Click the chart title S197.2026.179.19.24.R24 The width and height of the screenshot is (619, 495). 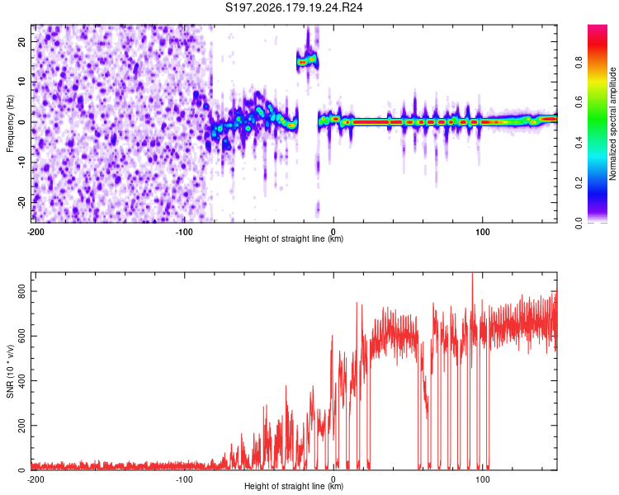tap(294, 7)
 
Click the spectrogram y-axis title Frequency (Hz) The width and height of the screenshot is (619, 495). tap(10, 123)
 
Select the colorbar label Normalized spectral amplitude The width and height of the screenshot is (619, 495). tap(612, 123)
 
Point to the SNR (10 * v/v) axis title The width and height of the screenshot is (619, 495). tap(10, 371)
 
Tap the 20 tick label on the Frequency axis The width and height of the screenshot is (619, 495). tap(21, 42)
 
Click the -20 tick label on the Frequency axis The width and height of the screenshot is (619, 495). tap(21, 202)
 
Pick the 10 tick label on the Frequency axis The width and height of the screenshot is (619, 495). tap(21, 82)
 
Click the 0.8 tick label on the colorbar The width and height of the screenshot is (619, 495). tap(579, 63)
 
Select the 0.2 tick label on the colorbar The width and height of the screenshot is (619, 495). tap(579, 183)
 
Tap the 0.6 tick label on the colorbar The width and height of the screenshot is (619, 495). tap(579, 102)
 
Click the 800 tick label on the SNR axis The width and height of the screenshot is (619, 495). tap(21, 291)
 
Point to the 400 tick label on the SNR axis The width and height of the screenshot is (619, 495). tap(21, 381)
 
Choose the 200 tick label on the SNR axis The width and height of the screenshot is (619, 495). tap(21, 426)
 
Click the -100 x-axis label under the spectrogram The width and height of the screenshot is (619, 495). tap(184, 232)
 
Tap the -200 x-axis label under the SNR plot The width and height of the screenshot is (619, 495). tap(35, 479)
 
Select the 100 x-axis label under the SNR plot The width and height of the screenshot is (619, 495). tap(482, 479)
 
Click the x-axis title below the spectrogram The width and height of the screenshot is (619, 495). tap(294, 238)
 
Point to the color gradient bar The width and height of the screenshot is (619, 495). tap(598, 124)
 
